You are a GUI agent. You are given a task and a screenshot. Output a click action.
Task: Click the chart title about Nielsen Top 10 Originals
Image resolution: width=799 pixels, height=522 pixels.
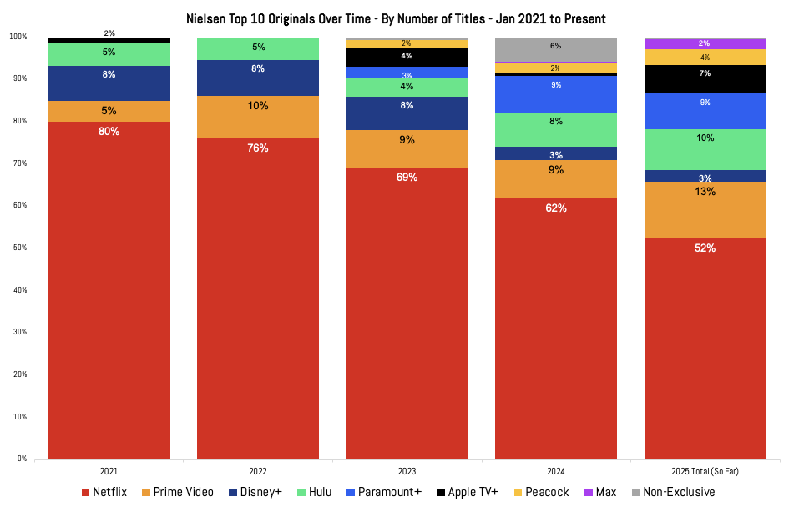(396, 18)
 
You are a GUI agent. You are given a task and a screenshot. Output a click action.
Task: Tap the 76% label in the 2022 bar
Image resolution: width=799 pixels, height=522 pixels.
(258, 148)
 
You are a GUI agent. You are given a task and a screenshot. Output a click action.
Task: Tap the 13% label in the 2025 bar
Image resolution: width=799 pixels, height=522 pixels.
(705, 191)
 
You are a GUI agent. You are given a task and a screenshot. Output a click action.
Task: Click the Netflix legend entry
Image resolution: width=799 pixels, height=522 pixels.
(104, 493)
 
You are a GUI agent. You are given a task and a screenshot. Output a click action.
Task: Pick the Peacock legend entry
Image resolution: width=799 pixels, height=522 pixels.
(540, 493)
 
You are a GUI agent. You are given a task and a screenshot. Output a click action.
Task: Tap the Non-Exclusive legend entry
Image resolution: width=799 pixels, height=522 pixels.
(671, 493)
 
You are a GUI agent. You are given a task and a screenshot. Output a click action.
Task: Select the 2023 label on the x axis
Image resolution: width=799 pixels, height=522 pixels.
(407, 472)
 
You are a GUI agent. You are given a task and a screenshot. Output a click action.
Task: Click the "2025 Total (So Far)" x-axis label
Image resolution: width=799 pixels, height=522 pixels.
(705, 472)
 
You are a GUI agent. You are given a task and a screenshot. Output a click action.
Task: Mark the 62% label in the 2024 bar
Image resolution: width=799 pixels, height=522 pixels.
(556, 208)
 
